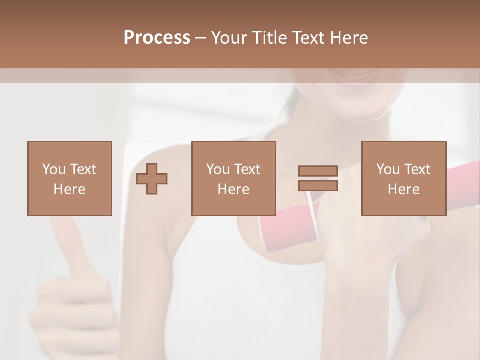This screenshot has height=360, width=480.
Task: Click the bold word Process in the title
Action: [157, 38]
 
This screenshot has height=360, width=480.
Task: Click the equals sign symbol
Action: [318, 178]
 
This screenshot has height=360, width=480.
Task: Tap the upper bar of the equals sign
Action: [318, 171]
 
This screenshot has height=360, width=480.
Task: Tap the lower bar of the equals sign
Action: [318, 185]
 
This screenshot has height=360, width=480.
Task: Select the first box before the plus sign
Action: [69, 178]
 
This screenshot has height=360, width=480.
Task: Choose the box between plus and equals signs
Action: [233, 178]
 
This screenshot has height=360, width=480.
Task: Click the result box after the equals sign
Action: [403, 178]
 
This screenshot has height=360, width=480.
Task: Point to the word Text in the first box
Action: [83, 169]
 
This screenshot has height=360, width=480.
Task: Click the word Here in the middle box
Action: [233, 189]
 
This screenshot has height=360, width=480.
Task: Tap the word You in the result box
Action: [388, 169]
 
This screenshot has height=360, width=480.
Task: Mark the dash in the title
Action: [201, 38]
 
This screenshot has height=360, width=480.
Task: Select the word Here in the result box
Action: [403, 189]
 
